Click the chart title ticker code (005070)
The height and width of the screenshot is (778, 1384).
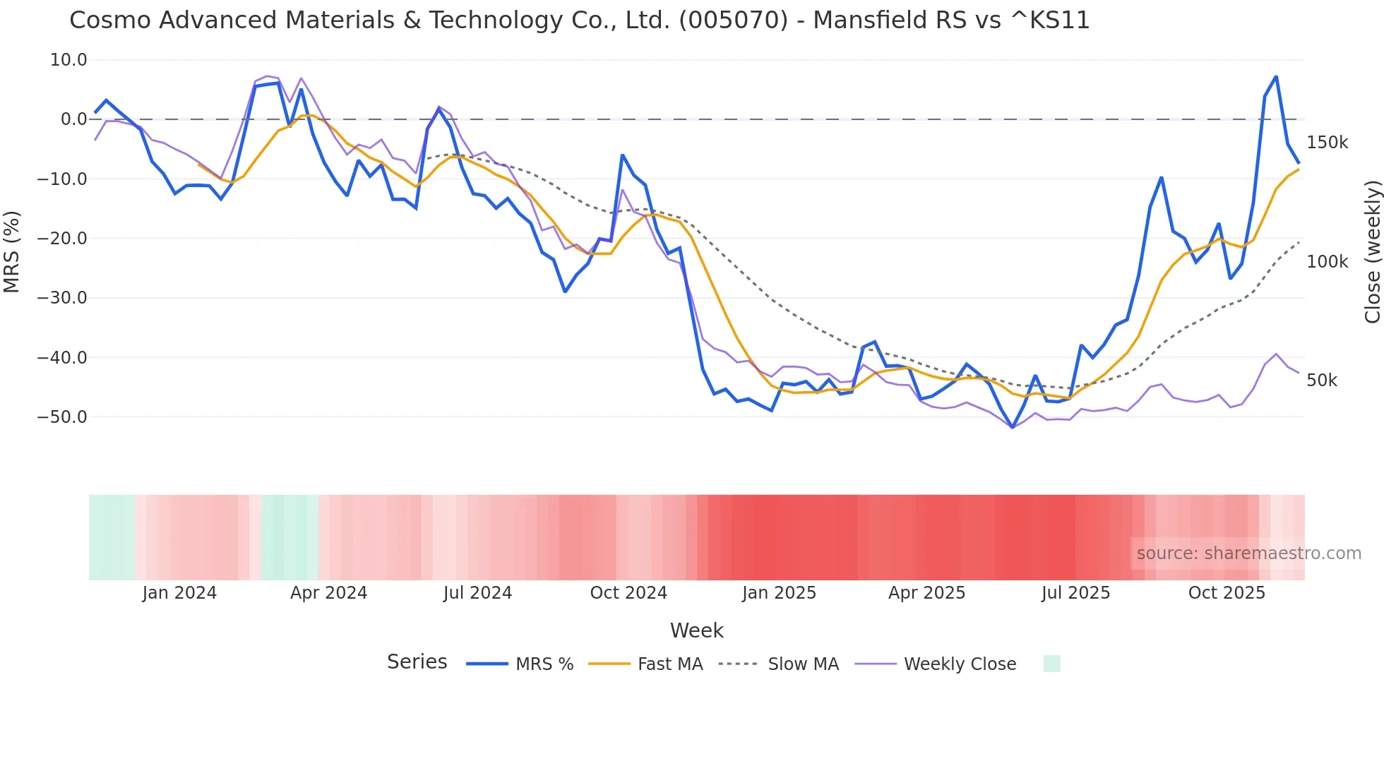click(733, 20)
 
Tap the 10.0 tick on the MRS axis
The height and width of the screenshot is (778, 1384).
click(68, 60)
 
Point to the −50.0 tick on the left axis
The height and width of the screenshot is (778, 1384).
click(62, 417)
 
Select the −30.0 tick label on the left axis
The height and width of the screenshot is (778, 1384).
click(62, 298)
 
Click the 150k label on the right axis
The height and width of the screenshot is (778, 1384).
click(1327, 143)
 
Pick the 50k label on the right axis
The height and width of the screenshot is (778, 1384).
click(1322, 381)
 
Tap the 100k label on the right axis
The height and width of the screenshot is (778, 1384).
click(1327, 262)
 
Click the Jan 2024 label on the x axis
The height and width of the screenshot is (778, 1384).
click(179, 593)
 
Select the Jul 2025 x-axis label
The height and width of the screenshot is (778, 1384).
click(1075, 593)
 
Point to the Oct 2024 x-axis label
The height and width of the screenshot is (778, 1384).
click(628, 593)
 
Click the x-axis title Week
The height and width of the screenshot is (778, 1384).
click(696, 630)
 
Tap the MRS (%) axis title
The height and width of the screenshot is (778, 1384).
click(12, 251)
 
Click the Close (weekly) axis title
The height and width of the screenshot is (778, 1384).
click(1372, 252)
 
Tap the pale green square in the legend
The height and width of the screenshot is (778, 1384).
click(1051, 664)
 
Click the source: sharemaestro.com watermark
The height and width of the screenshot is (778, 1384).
click(1248, 553)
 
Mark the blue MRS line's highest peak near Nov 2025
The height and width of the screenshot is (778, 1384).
click(1276, 76)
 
